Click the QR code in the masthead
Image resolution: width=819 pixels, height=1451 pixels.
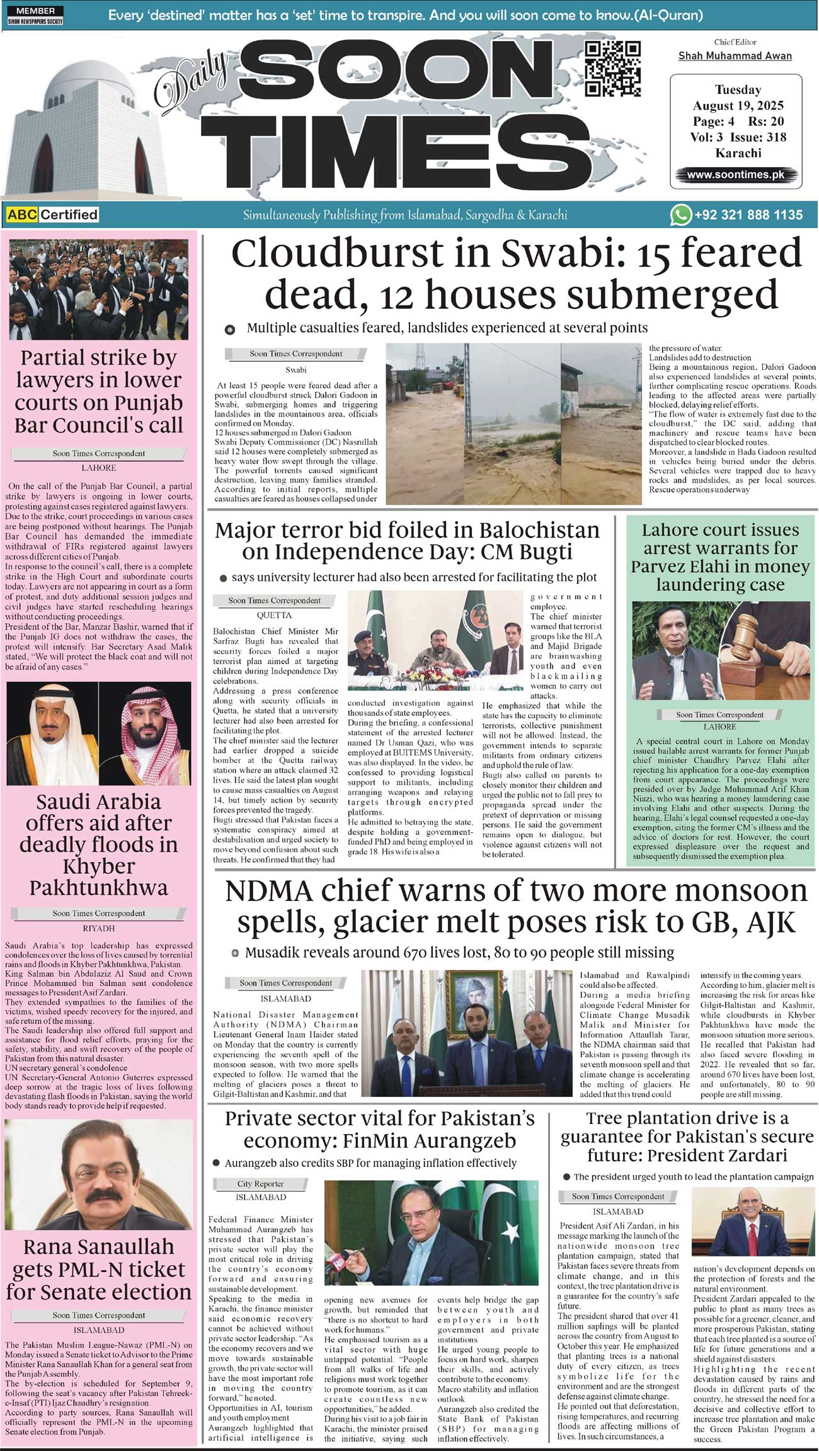[612, 68]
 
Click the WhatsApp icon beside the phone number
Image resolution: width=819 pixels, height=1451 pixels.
[680, 215]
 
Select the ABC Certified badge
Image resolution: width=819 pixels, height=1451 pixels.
[53, 215]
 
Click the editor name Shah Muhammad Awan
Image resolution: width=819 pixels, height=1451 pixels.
[735, 55]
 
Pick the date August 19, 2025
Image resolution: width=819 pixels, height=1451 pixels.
[738, 105]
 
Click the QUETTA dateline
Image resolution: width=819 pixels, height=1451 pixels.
[274, 615]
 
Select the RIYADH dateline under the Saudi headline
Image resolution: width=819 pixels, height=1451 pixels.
[98, 928]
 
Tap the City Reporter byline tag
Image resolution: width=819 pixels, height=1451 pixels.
[260, 1184]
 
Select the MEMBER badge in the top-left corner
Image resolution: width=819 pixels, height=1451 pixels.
[35, 11]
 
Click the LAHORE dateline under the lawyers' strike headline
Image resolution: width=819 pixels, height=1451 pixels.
[98, 468]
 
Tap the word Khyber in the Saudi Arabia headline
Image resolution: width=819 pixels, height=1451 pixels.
[99, 866]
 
